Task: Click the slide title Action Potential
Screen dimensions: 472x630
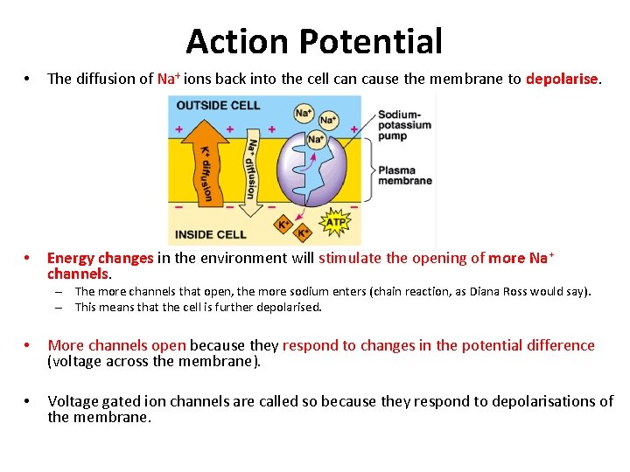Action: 314,41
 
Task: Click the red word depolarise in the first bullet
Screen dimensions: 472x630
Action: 562,79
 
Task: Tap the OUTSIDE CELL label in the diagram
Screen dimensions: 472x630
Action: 218,105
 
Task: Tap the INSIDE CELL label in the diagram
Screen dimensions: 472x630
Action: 211,234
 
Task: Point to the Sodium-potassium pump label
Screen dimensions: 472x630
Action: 404,125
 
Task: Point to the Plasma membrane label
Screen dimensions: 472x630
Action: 404,175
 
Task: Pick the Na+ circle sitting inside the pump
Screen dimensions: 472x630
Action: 316,139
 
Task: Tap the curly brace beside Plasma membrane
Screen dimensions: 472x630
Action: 371,174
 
